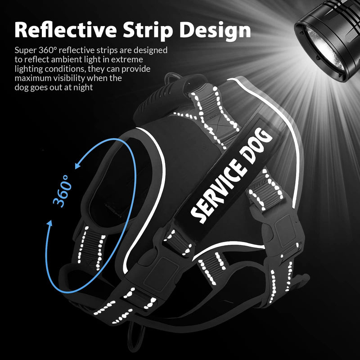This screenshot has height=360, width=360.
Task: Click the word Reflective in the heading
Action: click(x=66, y=30)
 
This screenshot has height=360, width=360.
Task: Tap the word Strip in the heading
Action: click(x=148, y=31)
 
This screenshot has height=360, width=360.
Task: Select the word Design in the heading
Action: click(x=215, y=31)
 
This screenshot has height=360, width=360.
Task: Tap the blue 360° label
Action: click(x=61, y=190)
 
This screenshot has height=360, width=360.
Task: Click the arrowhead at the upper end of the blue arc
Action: click(x=78, y=165)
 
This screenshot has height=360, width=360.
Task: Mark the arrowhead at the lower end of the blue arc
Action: click(x=49, y=224)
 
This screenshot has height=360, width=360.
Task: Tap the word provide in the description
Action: click(x=136, y=69)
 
